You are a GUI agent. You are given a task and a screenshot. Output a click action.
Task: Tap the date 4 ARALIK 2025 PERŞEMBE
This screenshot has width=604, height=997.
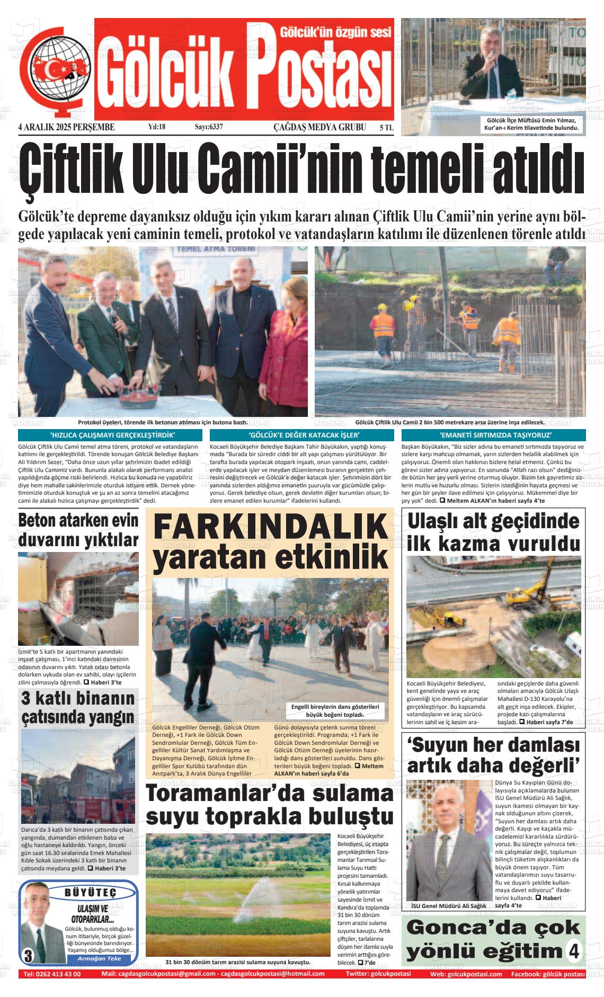point(66,127)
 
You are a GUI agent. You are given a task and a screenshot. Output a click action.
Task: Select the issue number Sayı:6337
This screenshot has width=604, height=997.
point(209,127)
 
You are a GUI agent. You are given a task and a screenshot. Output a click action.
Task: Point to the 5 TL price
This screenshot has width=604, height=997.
point(386,128)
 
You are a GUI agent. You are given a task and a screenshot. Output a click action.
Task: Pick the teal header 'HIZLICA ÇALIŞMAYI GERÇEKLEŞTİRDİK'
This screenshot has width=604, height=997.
point(110,435)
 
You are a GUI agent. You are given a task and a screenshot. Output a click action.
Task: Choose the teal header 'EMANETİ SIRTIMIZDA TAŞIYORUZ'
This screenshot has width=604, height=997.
point(493,435)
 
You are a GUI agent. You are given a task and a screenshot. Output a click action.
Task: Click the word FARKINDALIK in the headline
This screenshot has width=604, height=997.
point(270,528)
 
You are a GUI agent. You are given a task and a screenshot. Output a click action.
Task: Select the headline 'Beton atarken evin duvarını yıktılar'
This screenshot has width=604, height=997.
point(78,530)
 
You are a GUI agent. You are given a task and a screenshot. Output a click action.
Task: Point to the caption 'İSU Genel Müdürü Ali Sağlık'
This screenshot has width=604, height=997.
point(448,906)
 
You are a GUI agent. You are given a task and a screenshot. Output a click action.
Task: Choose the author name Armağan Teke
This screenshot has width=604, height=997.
point(99,958)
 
